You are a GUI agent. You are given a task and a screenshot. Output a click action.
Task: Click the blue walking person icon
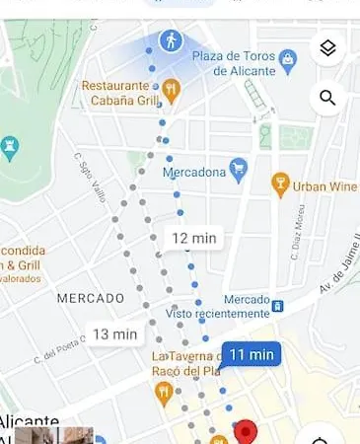[172, 41]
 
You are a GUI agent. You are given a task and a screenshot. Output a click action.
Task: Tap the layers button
[327, 48]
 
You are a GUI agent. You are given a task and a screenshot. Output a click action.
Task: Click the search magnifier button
[327, 98]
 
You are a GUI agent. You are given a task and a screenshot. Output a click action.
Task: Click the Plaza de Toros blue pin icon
[288, 60]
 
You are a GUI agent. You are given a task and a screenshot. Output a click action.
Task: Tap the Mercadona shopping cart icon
[238, 169]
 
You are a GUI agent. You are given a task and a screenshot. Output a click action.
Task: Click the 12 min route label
[194, 238]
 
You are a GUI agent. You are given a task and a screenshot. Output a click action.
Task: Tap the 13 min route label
[115, 333]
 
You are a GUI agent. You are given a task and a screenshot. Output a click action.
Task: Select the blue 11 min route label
[251, 354]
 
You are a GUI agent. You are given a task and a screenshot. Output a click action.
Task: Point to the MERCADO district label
[90, 297]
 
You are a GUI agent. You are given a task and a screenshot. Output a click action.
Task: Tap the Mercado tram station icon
[278, 305]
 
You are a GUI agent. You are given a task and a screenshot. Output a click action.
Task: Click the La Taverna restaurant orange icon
[164, 393]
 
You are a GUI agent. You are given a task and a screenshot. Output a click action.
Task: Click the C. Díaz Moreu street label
[295, 237]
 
